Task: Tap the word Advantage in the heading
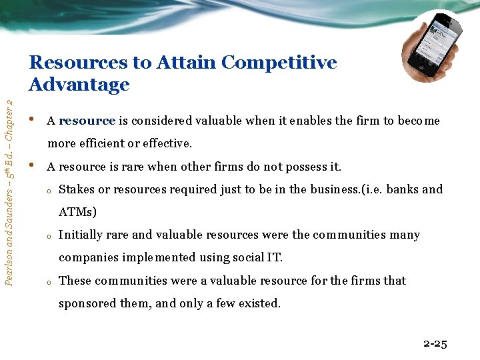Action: (x=79, y=85)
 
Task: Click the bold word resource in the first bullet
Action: (x=87, y=121)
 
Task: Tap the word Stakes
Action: (x=77, y=189)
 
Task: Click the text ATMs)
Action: (x=77, y=212)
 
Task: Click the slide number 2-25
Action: (x=435, y=344)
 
